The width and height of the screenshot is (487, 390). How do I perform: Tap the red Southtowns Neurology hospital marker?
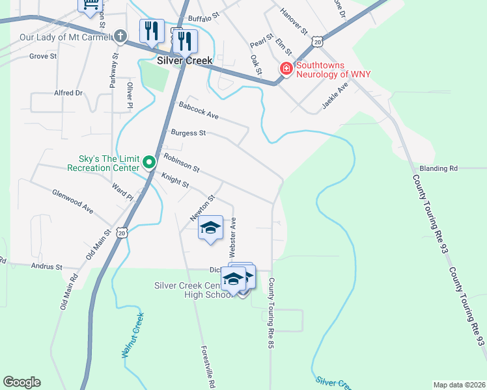coord(285,68)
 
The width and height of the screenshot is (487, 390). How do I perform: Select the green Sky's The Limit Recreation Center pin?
coord(149,162)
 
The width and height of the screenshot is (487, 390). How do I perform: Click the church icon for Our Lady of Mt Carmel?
coord(120,36)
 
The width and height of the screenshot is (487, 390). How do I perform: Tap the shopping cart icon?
coord(90,5)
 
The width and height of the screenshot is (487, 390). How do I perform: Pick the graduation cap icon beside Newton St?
coord(210,228)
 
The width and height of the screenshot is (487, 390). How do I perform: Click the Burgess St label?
coord(188,133)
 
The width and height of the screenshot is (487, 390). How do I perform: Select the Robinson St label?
coord(181,162)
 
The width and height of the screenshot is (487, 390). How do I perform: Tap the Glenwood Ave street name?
coord(73,200)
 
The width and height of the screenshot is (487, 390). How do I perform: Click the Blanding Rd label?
coord(439,168)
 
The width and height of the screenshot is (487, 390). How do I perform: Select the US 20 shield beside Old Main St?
coord(122,231)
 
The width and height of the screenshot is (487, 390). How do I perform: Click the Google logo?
coord(21,382)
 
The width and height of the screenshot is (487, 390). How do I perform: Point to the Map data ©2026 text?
coord(459,385)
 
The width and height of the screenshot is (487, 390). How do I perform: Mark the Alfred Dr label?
coord(68,93)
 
